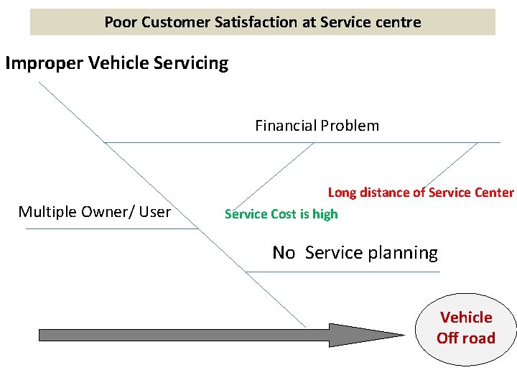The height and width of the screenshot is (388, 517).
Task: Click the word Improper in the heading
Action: pos(44,63)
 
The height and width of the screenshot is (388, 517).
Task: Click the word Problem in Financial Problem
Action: pos(350,126)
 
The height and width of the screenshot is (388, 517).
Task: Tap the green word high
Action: pos(325,214)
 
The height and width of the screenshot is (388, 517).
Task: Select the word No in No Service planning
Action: pos(284,253)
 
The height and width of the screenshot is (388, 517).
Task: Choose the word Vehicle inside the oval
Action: pos(466,318)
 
